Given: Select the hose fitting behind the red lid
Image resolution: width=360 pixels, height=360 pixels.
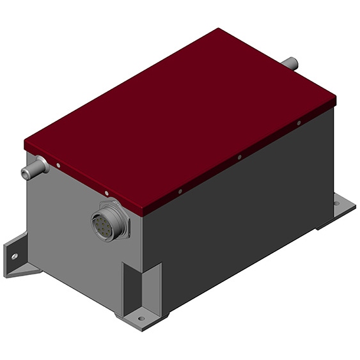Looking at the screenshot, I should (x=291, y=64).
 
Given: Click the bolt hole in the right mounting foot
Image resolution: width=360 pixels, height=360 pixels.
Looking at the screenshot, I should (x=335, y=204).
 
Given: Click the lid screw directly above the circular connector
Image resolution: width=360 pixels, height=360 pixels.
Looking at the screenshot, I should (x=106, y=192).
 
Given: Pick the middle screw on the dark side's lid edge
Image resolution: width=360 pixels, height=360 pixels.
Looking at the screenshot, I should (x=239, y=157).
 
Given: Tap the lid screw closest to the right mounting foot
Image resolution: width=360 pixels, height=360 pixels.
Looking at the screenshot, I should (x=299, y=123).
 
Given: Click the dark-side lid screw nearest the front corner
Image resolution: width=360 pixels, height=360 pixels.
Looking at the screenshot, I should (x=180, y=190).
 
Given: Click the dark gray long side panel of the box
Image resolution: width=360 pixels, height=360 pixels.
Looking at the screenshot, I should (x=243, y=211).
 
